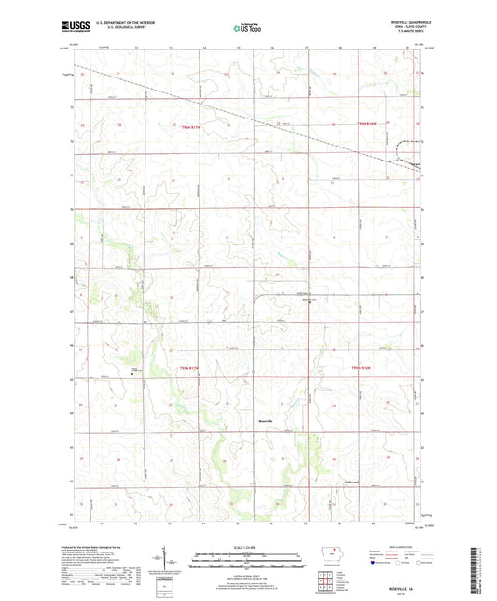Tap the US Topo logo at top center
[x=247, y=30]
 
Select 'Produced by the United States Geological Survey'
[x=93, y=546]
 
